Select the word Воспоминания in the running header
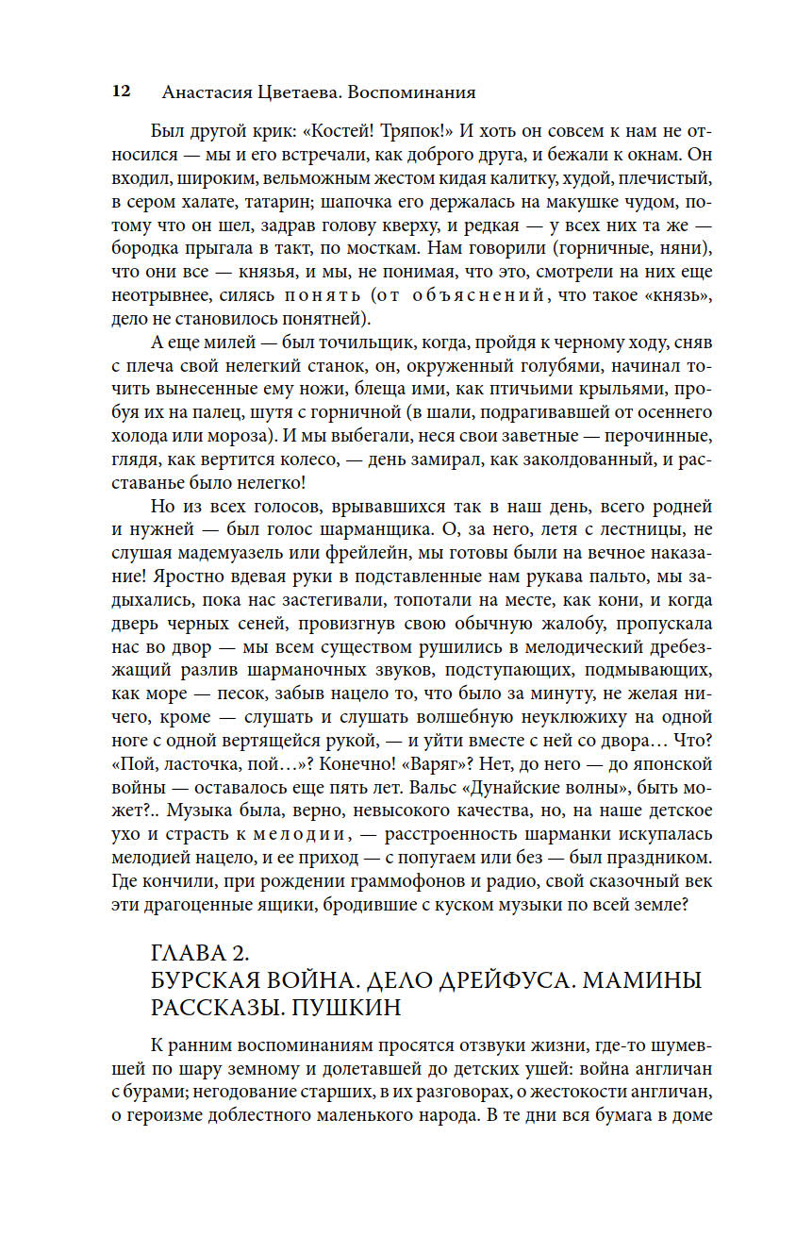point(412,92)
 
